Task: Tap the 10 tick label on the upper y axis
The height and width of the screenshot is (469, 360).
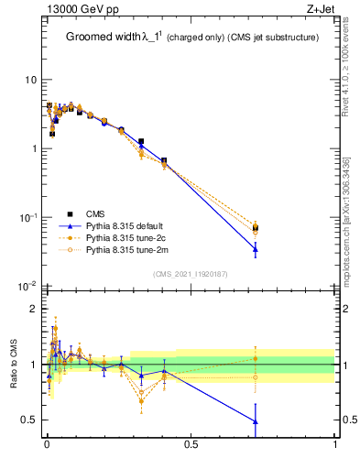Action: click(x=30, y=81)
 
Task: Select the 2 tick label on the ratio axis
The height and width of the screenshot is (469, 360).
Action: click(x=34, y=309)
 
